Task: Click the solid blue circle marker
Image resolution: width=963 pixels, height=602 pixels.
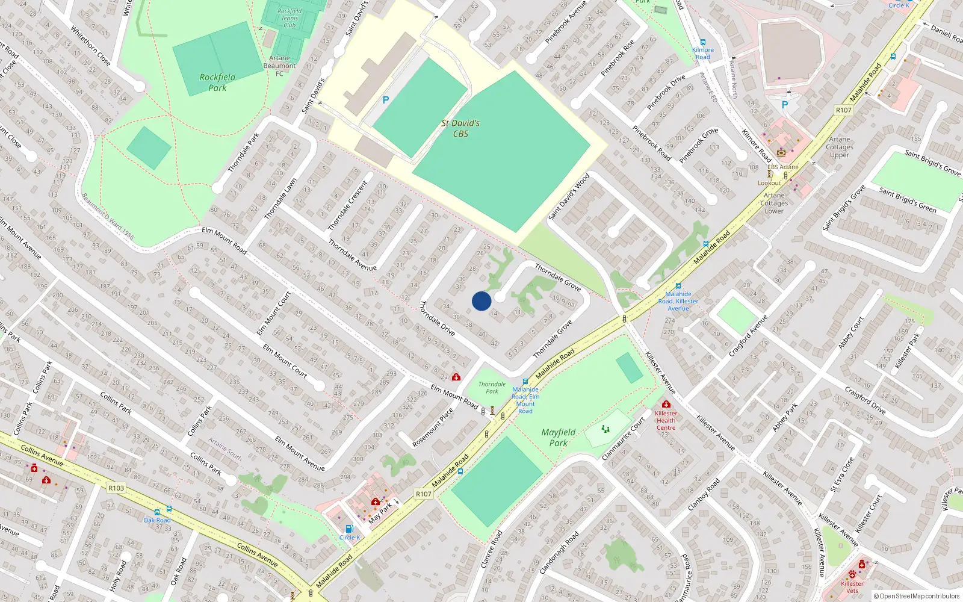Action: (x=482, y=301)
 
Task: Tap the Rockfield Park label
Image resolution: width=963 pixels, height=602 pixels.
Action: (x=217, y=82)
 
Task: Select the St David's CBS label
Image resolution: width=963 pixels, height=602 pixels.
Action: (x=460, y=128)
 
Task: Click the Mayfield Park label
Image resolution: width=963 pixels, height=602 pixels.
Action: (x=559, y=438)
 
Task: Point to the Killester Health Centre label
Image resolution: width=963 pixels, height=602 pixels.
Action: (x=666, y=420)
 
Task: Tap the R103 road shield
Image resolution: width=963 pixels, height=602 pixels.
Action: (x=116, y=488)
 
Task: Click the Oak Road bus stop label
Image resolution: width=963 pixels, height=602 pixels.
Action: (x=157, y=520)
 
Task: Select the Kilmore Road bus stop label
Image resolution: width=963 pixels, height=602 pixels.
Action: (x=703, y=54)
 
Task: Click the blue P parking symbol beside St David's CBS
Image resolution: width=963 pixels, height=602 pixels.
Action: (x=386, y=100)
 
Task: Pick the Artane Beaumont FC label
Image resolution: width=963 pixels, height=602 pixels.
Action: (x=279, y=66)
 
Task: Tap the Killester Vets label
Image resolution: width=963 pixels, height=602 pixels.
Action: (x=852, y=587)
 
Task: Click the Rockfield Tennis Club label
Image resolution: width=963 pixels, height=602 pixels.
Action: (x=290, y=18)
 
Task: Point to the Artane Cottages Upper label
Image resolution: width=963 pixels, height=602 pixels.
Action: (x=840, y=147)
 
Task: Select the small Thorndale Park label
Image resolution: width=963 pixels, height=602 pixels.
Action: (x=492, y=388)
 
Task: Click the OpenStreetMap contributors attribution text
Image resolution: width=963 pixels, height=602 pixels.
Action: (x=917, y=597)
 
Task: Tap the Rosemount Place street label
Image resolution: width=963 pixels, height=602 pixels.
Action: (x=433, y=428)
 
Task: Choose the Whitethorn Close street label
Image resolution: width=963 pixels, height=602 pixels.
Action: (x=90, y=45)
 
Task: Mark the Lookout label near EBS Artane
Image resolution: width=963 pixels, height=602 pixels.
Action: (x=769, y=183)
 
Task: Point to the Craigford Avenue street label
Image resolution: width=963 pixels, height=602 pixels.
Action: (x=748, y=336)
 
